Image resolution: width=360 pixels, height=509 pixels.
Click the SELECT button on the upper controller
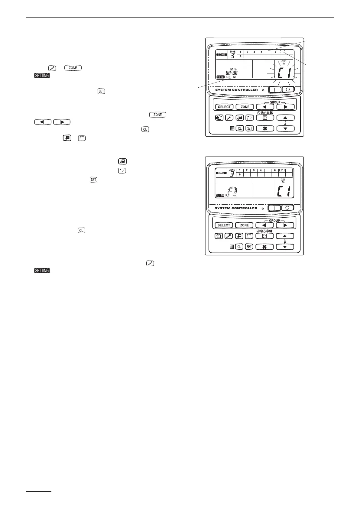tap(224, 107)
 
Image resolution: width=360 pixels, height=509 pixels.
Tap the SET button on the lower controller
tap(249, 247)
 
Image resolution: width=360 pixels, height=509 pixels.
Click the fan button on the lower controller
tap(264, 247)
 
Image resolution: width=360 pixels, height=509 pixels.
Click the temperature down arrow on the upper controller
tap(285, 128)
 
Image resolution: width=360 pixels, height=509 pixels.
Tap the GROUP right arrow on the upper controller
tap(285, 107)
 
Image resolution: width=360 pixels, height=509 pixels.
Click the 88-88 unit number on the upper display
tap(232, 73)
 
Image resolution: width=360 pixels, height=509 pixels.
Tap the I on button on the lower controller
tap(274, 208)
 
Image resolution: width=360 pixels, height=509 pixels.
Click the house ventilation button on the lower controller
tap(219, 236)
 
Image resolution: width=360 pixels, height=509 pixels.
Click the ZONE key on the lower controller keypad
tap(244, 225)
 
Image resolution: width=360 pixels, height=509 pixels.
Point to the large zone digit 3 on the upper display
tap(232, 56)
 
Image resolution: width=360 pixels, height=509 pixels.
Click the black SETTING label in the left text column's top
tap(42, 76)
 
